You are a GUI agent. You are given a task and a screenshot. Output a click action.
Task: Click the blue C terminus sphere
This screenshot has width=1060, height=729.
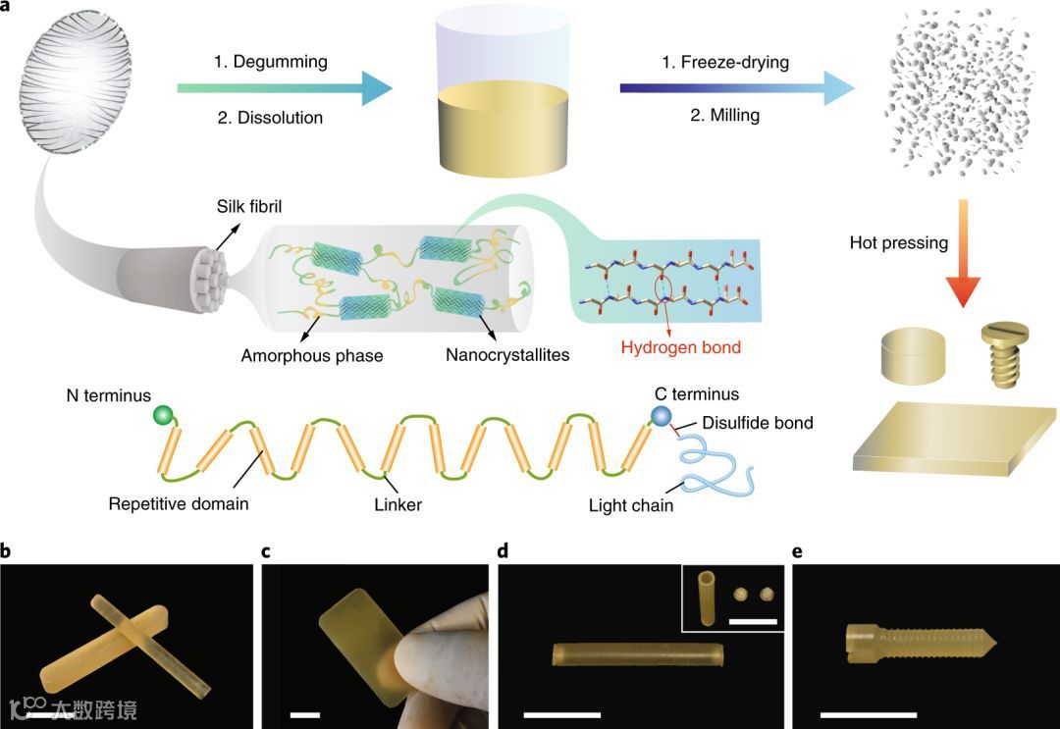pyautogui.click(x=665, y=417)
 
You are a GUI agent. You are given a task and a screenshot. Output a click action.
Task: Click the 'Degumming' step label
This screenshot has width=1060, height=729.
pyautogui.click(x=271, y=62)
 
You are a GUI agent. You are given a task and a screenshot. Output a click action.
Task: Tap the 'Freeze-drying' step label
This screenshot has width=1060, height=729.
pyautogui.click(x=726, y=62)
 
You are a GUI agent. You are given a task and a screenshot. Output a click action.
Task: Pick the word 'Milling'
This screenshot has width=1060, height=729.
pyautogui.click(x=721, y=116)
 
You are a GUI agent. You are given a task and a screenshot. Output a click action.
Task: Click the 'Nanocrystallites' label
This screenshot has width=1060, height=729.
pyautogui.click(x=507, y=355)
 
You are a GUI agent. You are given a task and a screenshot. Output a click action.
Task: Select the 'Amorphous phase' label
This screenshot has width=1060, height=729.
pyautogui.click(x=312, y=355)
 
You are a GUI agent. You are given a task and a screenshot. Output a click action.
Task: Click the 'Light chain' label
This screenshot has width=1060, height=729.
pyautogui.click(x=629, y=506)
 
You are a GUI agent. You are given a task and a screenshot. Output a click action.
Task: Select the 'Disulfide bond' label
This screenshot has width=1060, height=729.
pyautogui.click(x=758, y=423)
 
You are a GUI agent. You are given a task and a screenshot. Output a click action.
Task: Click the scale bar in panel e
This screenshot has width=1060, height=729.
pyautogui.click(x=869, y=714)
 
